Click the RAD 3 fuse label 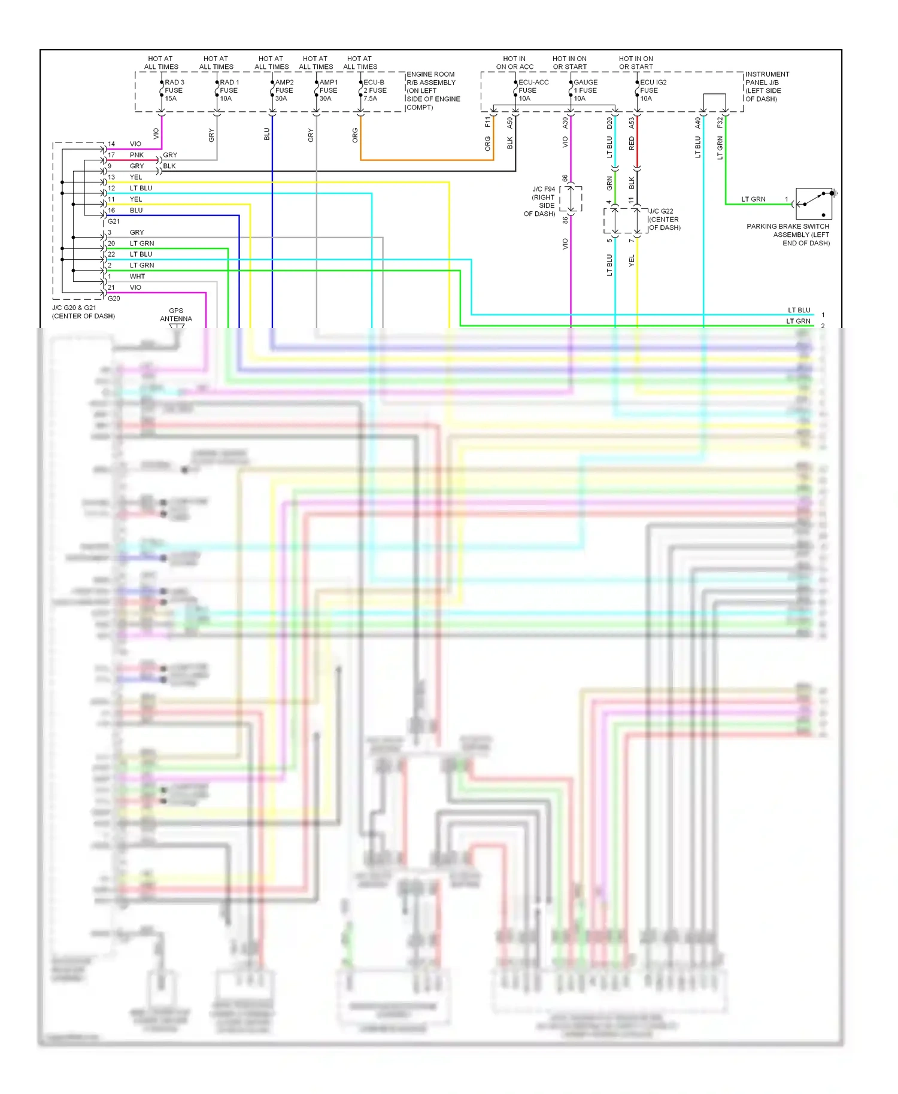click(x=174, y=90)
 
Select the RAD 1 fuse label click(x=229, y=90)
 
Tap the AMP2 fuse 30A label click(x=284, y=90)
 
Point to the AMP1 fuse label click(x=328, y=90)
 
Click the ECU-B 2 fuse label click(x=375, y=90)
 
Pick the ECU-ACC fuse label click(x=532, y=90)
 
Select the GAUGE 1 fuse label click(x=585, y=90)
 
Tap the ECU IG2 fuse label click(x=653, y=90)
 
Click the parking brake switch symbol click(x=814, y=203)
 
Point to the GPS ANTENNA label click(x=176, y=315)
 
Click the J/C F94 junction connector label click(x=542, y=201)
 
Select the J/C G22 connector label click(x=665, y=219)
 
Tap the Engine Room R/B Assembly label click(x=433, y=91)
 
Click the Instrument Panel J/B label click(x=767, y=87)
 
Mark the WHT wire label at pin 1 click(x=137, y=276)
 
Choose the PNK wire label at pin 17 click(x=136, y=155)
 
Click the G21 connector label click(x=114, y=221)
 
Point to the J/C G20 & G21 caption click(x=83, y=312)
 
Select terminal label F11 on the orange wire click(x=488, y=122)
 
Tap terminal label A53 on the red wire click(x=632, y=123)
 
